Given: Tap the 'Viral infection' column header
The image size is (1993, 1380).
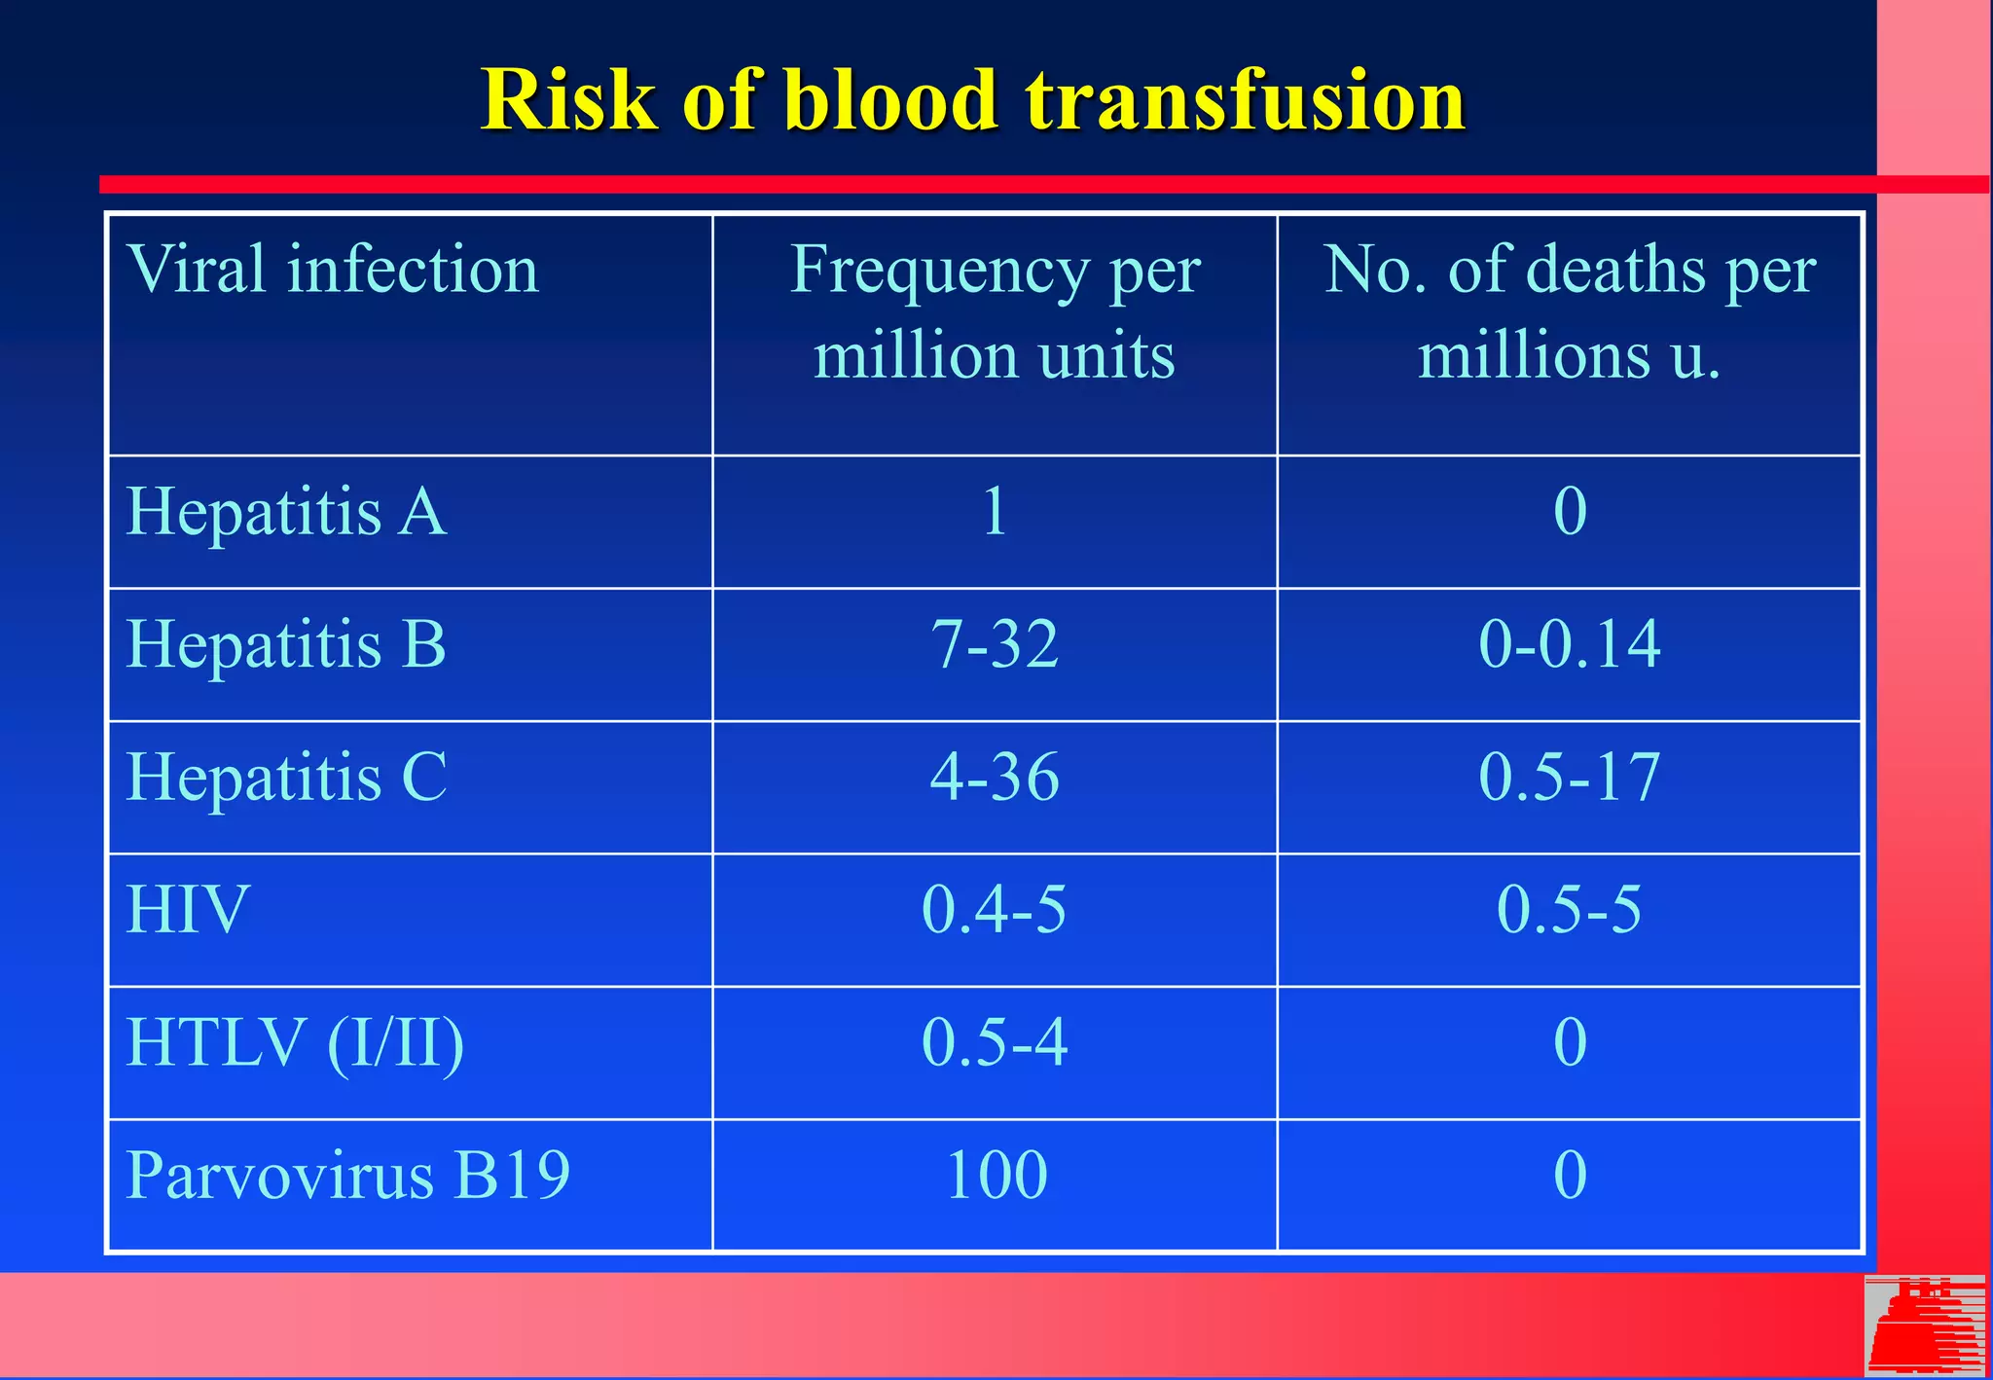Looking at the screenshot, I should [332, 270].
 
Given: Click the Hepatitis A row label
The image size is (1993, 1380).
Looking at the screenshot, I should [286, 511].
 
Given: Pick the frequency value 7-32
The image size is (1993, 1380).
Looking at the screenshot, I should [994, 644].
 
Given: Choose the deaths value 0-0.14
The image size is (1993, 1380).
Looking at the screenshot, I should [1569, 644].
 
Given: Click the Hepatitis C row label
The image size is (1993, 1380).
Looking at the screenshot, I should [286, 777].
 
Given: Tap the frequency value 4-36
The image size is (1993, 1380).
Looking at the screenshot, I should [994, 777].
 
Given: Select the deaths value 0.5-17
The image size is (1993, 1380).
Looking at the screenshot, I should [1569, 777].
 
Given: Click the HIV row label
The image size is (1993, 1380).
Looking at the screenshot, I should [188, 910].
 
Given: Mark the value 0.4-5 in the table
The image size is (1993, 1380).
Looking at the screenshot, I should [994, 910].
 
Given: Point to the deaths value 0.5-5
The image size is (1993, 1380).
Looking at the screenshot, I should [1569, 910].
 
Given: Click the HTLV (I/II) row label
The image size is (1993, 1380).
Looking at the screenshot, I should [295, 1042].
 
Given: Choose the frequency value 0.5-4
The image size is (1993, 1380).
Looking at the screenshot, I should [994, 1042].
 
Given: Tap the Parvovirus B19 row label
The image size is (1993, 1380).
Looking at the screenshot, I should [347, 1175].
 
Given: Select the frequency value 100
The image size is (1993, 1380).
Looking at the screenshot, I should [996, 1175].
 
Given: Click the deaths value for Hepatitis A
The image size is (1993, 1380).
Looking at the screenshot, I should [1569, 511].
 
